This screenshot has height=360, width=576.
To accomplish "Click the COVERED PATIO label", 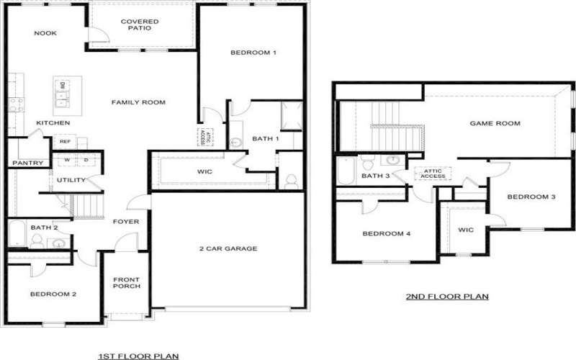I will [x=140, y=25].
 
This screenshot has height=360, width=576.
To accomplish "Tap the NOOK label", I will [x=45, y=33].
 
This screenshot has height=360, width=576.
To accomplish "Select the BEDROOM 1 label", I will [x=253, y=53].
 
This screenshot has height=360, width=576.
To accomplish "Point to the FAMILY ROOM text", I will [x=138, y=102].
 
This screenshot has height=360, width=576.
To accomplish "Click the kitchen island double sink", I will [x=63, y=92].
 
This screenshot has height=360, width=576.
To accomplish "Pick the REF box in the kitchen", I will [x=65, y=142].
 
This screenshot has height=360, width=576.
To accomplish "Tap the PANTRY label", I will [x=28, y=163].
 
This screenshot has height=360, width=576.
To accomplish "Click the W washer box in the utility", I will [x=66, y=159].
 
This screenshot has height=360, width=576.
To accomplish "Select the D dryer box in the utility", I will [x=86, y=159].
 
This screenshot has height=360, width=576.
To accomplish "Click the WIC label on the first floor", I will [x=205, y=171].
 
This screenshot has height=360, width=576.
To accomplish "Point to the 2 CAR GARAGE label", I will [x=228, y=249].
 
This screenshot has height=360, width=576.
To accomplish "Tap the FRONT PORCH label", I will [x=127, y=283].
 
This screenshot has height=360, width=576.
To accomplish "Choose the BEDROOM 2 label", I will [x=53, y=294].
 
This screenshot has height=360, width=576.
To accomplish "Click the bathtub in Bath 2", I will [x=18, y=235].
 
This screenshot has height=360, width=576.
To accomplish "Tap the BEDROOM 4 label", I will [x=386, y=234].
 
